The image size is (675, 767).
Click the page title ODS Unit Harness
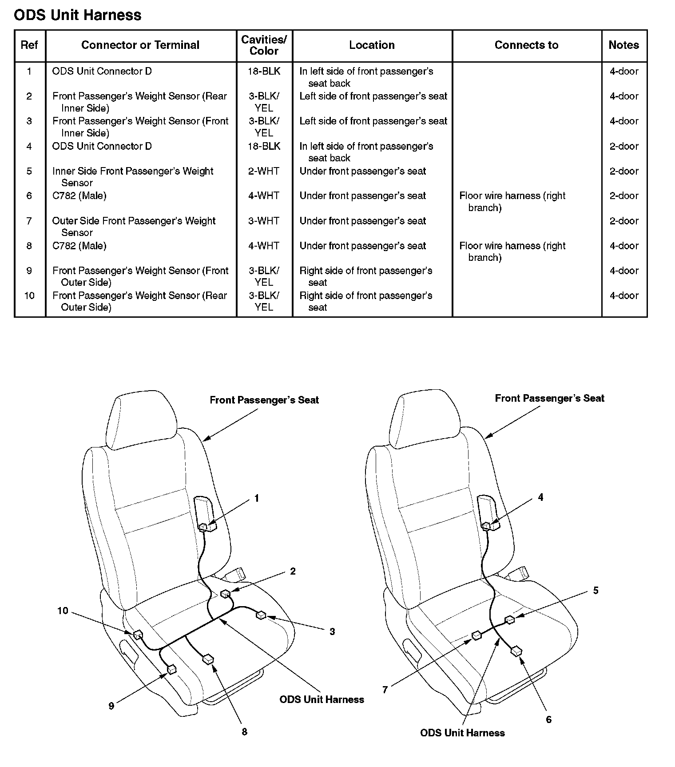click(x=78, y=15)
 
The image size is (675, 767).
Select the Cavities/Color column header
click(x=264, y=45)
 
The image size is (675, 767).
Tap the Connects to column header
click(x=526, y=45)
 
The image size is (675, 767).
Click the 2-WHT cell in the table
click(x=264, y=171)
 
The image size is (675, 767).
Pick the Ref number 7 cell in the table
click(x=29, y=221)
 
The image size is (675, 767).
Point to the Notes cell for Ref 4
click(x=623, y=146)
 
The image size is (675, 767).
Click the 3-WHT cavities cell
click(x=264, y=221)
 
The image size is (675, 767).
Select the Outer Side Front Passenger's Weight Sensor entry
click(x=134, y=226)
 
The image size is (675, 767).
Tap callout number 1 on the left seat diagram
click(x=256, y=499)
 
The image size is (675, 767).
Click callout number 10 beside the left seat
click(x=63, y=611)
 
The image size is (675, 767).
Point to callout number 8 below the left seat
click(x=244, y=732)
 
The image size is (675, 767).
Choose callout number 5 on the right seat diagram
click(x=596, y=591)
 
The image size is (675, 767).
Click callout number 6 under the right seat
click(x=548, y=719)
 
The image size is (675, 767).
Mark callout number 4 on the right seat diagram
click(x=540, y=498)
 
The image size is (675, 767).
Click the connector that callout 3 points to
click(x=261, y=615)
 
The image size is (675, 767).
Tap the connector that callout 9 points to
click(x=171, y=669)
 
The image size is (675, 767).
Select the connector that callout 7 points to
click(x=476, y=635)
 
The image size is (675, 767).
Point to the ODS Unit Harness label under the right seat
click(x=462, y=733)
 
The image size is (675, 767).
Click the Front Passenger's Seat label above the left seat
click(x=264, y=400)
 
